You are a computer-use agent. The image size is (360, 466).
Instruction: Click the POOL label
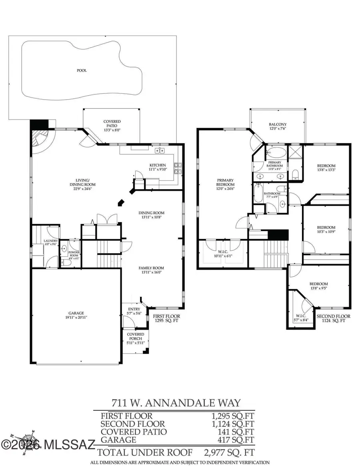(x=82, y=70)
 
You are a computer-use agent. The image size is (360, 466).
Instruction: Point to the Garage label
(x=76, y=315)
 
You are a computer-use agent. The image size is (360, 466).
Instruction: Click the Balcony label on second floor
(x=278, y=126)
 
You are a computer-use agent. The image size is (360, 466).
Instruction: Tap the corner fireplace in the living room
(x=40, y=140)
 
